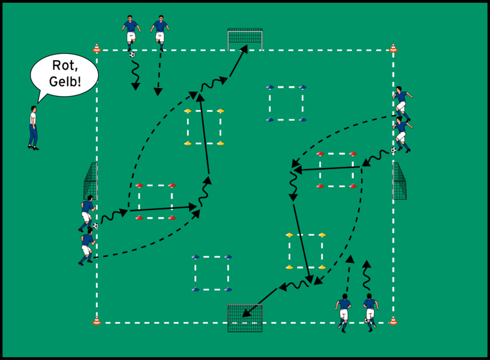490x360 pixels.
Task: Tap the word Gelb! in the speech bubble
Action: pyautogui.click(x=65, y=82)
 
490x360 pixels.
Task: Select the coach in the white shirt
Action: pyautogui.click(x=34, y=128)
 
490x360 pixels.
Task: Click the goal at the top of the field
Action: pyautogui.click(x=245, y=40)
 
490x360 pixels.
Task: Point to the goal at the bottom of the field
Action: pyautogui.click(x=245, y=318)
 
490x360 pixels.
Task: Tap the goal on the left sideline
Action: pyautogui.click(x=91, y=181)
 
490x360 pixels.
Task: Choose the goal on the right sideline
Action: pyautogui.click(x=399, y=181)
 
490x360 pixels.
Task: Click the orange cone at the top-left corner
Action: pyautogui.click(x=97, y=48)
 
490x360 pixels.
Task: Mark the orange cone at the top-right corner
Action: pyautogui.click(x=393, y=48)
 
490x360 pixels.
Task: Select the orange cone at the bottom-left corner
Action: pyautogui.click(x=97, y=320)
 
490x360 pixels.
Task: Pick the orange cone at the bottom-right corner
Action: pyautogui.click(x=393, y=320)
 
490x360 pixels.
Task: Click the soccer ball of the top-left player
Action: pyautogui.click(x=132, y=55)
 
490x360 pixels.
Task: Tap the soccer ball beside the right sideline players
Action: pyautogui.click(x=393, y=150)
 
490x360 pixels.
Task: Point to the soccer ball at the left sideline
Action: pyautogui.click(x=95, y=226)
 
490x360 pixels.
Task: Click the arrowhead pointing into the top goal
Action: pyautogui.click(x=244, y=49)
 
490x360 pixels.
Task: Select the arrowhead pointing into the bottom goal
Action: pyautogui.click(x=246, y=313)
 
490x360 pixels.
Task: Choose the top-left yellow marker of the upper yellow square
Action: pyautogui.click(x=188, y=110)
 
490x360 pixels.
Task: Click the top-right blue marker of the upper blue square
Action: pyautogui.click(x=302, y=87)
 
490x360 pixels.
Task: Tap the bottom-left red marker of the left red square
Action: pyautogui.click(x=139, y=217)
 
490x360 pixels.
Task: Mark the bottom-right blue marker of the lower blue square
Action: pyautogui.click(x=228, y=289)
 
